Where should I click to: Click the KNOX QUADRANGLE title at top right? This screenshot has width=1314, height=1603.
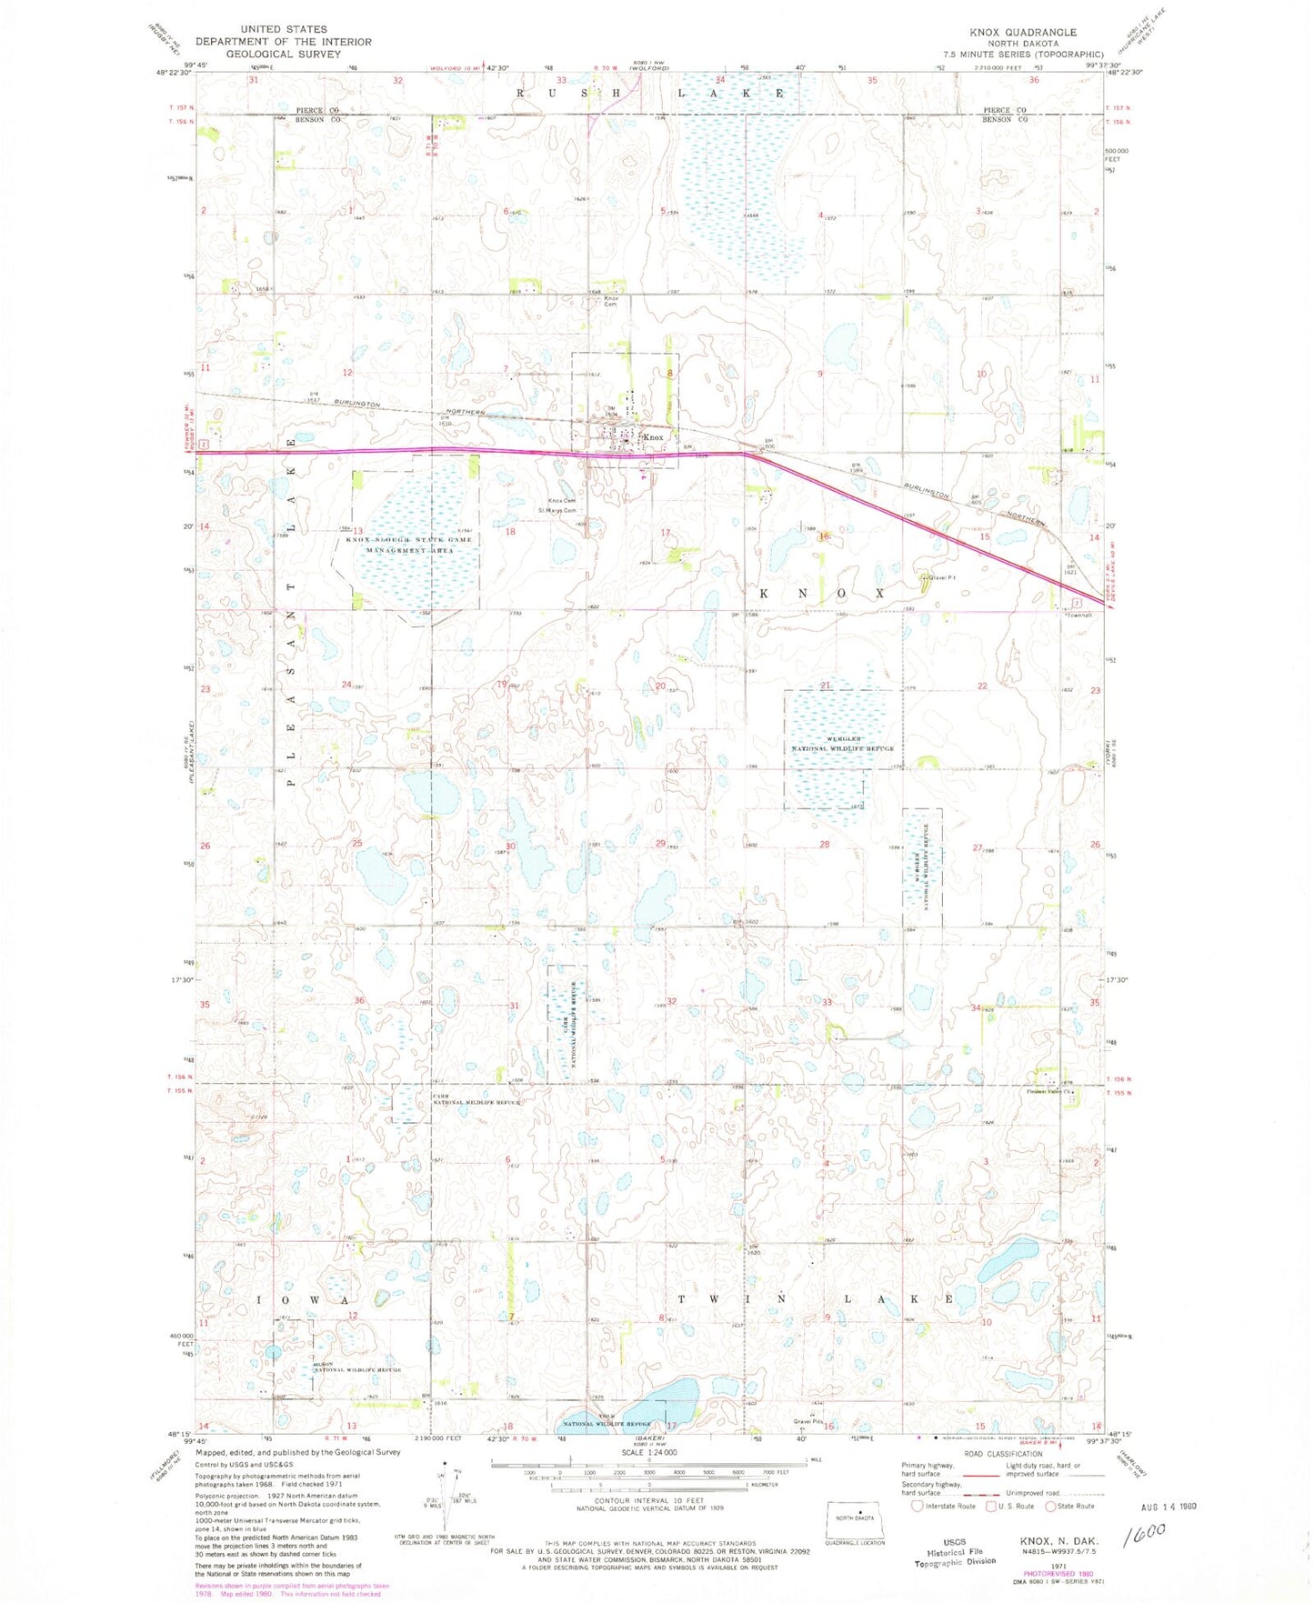[1022, 32]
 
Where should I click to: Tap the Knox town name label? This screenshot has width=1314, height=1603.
[653, 437]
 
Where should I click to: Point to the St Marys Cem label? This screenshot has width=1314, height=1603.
[558, 510]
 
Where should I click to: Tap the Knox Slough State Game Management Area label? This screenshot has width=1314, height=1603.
[408, 546]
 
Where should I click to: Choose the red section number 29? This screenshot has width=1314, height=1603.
[661, 844]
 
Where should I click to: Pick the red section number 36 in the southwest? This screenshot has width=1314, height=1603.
[359, 1000]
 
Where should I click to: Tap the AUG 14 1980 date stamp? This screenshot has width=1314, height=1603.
[1169, 1507]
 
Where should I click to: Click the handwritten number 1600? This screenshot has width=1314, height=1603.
[1143, 1537]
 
